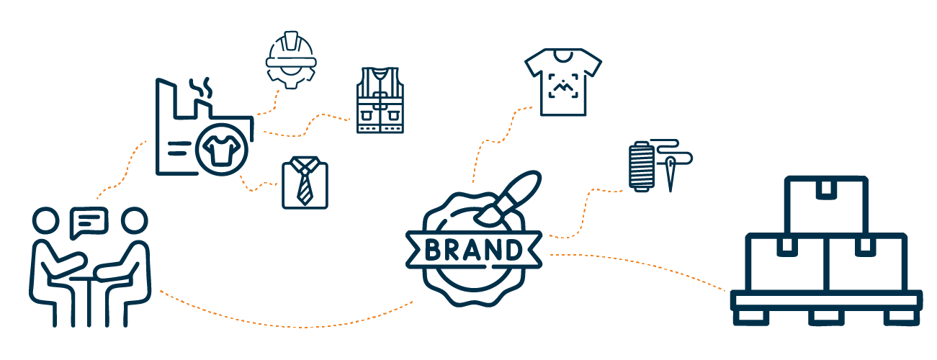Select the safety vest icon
[380, 100]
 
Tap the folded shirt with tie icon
[305, 184]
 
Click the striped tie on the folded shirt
[305, 185]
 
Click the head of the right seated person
[134, 220]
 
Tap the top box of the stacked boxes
[825, 204]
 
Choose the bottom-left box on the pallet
[784, 263]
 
